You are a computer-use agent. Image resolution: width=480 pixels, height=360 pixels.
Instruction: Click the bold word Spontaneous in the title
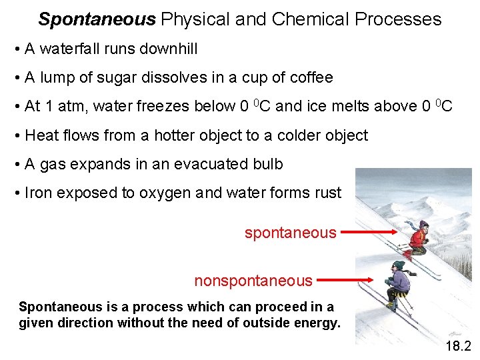coord(97,19)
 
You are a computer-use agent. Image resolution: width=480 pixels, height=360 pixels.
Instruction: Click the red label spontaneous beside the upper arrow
coord(290,233)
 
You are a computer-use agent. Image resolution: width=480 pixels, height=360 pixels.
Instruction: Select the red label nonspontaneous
coord(253,281)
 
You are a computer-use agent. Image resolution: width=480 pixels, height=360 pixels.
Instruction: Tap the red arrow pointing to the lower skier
coord(350,281)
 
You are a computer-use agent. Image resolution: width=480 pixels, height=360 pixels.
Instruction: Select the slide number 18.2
coord(458,345)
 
